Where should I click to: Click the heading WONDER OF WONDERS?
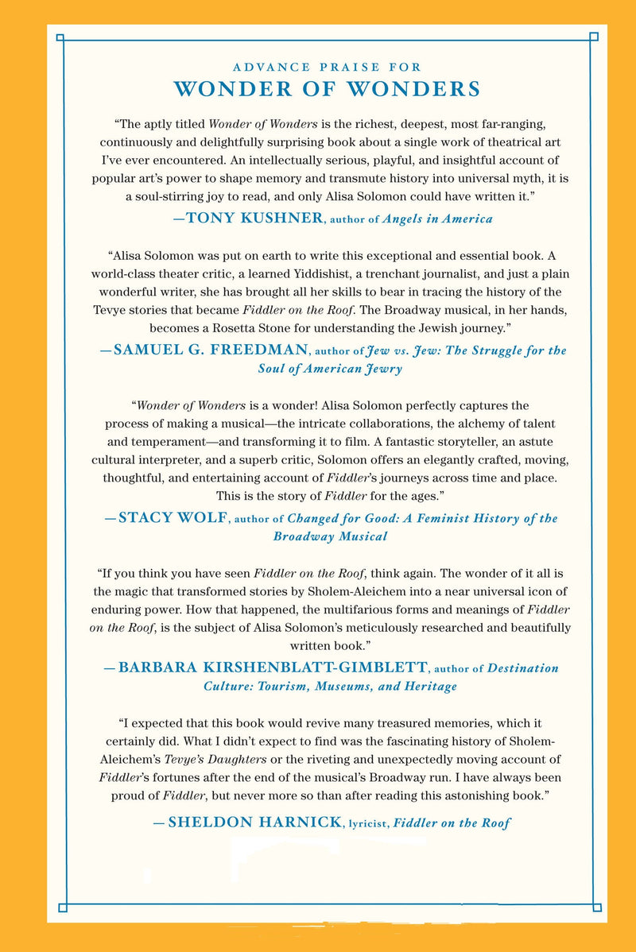coord(326,88)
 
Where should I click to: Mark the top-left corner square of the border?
coord(61,37)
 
